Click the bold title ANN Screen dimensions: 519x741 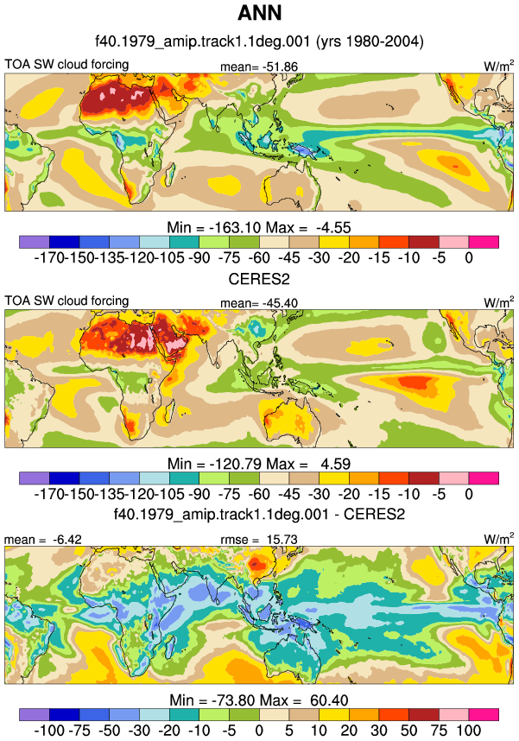(259, 13)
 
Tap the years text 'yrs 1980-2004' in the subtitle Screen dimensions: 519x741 (370, 41)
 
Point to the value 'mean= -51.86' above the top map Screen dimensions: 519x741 (259, 66)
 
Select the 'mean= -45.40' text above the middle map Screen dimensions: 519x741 (259, 303)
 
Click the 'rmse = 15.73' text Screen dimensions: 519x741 (259, 539)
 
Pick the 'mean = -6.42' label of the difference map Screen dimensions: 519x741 (43, 539)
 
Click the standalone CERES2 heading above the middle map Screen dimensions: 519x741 (259, 279)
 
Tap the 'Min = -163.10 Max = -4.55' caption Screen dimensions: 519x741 (259, 227)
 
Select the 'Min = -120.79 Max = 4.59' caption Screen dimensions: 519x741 (259, 464)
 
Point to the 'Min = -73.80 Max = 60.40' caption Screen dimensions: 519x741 (259, 700)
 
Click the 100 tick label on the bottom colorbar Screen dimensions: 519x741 (468, 730)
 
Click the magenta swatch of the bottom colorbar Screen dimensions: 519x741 (484, 714)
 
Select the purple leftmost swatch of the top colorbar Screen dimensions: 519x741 (34, 242)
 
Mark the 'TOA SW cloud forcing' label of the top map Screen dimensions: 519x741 (66, 64)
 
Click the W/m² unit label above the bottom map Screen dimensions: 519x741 (498, 538)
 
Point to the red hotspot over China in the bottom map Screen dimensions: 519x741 (257, 563)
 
